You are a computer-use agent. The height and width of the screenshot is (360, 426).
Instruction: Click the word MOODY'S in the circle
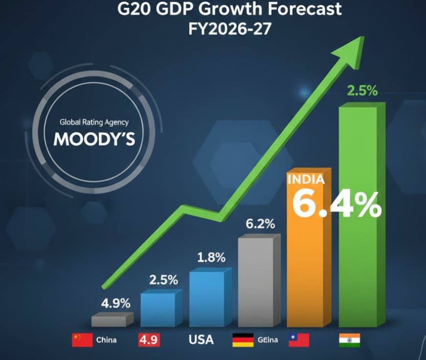95,139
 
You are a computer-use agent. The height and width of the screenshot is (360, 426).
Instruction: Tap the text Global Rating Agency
94,122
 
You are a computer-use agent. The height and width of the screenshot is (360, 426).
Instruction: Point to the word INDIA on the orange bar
306,180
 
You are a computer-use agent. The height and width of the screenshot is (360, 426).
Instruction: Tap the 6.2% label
260,224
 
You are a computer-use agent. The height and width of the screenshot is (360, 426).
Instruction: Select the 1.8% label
211,257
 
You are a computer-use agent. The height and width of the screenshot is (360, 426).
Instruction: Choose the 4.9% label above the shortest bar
116,303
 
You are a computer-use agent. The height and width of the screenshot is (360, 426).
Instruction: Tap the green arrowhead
356,47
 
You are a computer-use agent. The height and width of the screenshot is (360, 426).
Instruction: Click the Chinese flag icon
82,339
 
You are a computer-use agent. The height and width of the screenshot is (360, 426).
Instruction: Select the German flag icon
242,339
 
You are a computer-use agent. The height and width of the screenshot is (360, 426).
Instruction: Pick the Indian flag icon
349,339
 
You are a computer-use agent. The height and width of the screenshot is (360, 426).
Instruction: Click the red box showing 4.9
150,339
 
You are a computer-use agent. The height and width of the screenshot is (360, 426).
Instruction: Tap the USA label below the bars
201,339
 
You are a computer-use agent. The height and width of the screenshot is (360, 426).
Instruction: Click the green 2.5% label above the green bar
362,91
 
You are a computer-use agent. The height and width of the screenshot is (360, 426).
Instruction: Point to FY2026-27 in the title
230,28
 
